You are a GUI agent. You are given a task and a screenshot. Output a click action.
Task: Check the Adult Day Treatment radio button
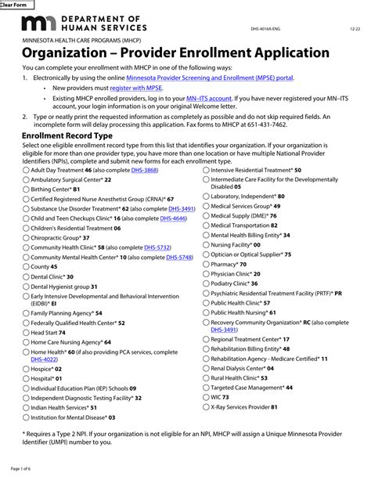click(x=26, y=170)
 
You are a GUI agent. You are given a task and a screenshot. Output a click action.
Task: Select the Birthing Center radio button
click(x=26, y=189)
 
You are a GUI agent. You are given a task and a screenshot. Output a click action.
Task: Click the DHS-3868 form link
click(x=145, y=170)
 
